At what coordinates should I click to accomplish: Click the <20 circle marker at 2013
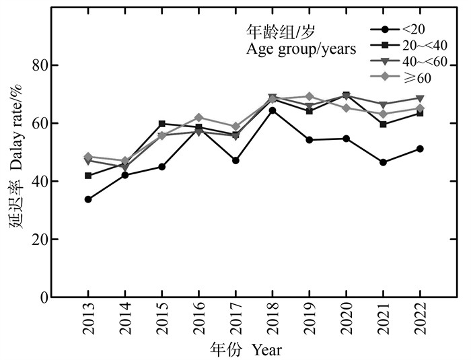88,199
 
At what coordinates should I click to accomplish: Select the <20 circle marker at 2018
273,110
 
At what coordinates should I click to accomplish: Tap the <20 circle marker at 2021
383,162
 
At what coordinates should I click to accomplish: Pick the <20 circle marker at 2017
235,160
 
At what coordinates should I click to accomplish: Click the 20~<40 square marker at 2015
161,124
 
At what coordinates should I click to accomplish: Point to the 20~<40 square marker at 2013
88,176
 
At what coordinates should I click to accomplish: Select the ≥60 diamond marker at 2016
198,118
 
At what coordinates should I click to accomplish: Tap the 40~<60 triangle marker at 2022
420,98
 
